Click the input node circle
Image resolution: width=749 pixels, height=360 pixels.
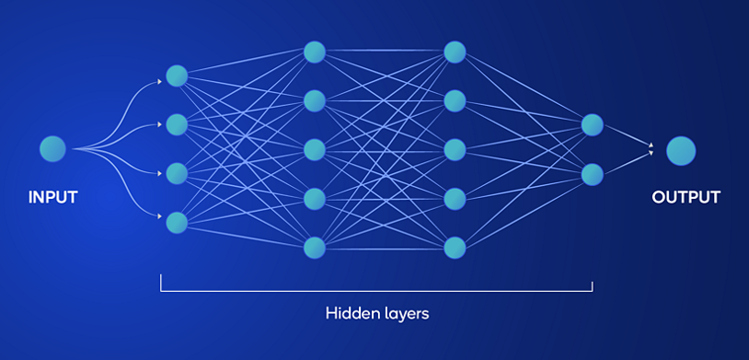pos(52,148)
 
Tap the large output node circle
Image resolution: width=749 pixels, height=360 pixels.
pos(681,149)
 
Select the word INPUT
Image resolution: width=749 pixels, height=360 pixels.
pos(52,197)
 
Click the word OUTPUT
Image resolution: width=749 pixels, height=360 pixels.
pos(686,197)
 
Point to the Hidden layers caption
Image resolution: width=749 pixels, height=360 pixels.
pos(377,313)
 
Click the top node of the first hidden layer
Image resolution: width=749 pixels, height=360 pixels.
pos(177,75)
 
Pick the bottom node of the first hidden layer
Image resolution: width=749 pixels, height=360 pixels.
pos(177,222)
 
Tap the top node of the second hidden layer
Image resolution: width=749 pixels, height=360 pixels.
pos(315,52)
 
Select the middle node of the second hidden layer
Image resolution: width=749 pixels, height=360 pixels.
pos(315,149)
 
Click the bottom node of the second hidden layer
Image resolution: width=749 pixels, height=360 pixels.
pos(315,247)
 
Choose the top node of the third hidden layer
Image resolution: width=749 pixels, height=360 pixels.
pos(454,52)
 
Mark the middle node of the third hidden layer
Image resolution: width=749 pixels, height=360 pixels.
pos(454,149)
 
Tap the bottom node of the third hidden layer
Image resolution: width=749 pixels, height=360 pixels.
pos(454,247)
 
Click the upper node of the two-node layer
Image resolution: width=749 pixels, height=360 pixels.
pos(592,124)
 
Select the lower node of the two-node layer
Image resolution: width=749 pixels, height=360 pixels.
pos(592,173)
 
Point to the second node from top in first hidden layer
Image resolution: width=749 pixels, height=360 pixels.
pos(177,124)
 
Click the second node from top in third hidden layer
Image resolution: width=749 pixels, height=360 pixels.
pos(454,100)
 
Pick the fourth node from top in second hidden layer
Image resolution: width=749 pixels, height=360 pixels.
pos(315,198)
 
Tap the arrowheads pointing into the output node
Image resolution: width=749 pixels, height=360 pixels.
pos(651,148)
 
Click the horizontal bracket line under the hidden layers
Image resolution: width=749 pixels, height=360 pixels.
pos(377,290)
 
